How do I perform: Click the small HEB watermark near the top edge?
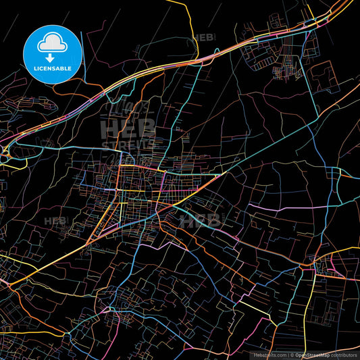point(203,38)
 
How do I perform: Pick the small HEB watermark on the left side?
point(54,220)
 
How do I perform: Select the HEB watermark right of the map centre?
point(200,220)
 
